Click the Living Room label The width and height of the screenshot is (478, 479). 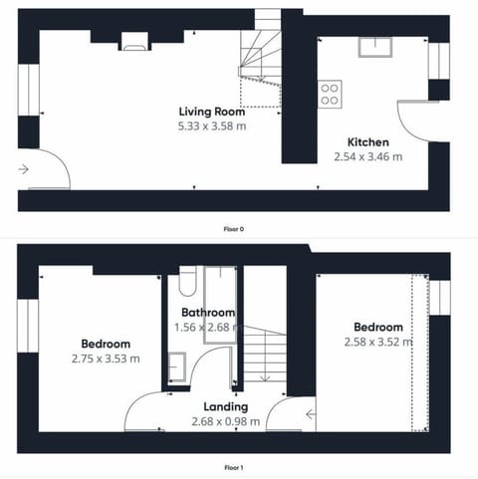(x=212, y=112)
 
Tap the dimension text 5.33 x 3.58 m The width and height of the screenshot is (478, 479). (x=212, y=126)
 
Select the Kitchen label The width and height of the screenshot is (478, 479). (x=368, y=142)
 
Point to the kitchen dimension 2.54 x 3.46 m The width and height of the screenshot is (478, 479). (x=368, y=156)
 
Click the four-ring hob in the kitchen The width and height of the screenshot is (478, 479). (x=330, y=95)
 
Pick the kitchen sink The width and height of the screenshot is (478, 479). (x=375, y=47)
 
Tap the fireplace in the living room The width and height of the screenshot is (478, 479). (x=134, y=41)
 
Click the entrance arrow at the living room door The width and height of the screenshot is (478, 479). (x=23, y=169)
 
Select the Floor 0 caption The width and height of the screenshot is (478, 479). (x=234, y=229)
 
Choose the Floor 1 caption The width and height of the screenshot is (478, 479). (x=234, y=468)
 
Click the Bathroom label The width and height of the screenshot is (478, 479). (x=208, y=313)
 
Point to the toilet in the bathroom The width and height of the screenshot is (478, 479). (x=187, y=281)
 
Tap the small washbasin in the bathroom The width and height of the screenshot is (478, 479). (x=177, y=366)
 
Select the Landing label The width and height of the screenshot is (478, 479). (x=226, y=407)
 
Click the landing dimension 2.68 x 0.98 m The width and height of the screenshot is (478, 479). (x=226, y=421)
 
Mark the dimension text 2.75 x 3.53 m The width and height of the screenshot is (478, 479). (x=106, y=359)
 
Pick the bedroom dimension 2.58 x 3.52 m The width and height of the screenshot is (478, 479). (x=378, y=342)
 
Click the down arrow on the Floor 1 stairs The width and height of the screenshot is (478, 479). (x=265, y=377)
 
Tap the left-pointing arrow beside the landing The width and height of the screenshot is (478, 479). (x=311, y=414)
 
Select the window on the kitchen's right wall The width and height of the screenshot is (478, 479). (x=439, y=61)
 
